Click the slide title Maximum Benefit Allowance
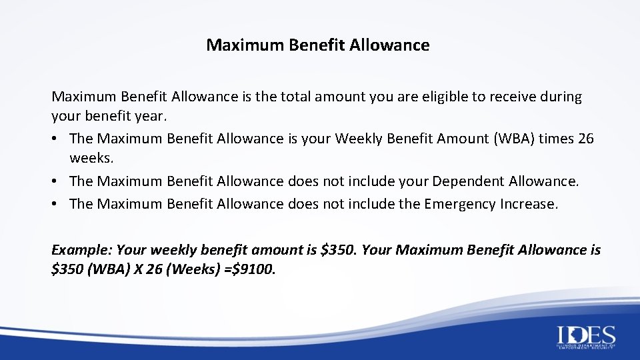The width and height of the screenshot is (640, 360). point(318,45)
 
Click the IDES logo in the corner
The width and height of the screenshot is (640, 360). point(586,336)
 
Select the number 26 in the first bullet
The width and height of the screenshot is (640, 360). point(586,139)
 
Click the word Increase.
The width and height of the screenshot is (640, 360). point(529,204)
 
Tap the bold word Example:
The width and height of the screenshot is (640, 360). point(81,250)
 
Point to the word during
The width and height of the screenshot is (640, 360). point(561,97)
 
